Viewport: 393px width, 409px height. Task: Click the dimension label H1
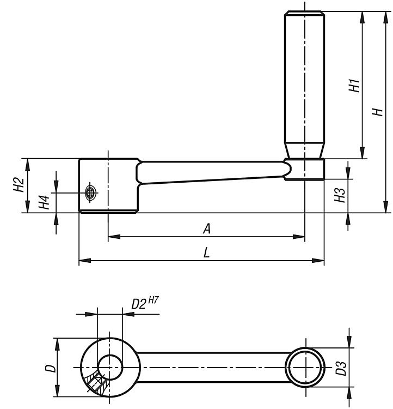(x=354, y=86)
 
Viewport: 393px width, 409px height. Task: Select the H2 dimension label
(x=19, y=185)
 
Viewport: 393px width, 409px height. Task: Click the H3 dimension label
(x=340, y=195)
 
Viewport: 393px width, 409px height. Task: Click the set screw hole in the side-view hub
(x=91, y=192)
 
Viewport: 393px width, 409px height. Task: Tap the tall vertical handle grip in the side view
(x=304, y=82)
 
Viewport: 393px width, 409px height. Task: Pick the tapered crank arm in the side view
(x=212, y=172)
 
